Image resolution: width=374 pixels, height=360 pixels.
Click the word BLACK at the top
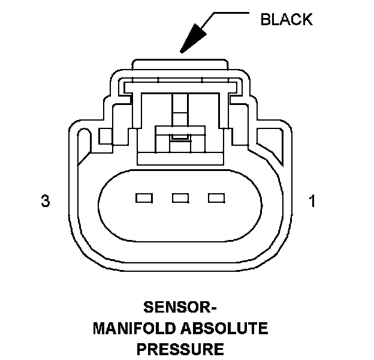pyautogui.click(x=286, y=20)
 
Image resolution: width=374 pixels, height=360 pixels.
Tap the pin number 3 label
pyautogui.click(x=45, y=202)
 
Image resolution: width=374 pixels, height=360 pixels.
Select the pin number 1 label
pyautogui.click(x=311, y=202)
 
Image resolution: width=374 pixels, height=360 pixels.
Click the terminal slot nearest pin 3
pyautogui.click(x=144, y=197)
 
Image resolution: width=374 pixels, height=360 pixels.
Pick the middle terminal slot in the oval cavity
pyautogui.click(x=180, y=197)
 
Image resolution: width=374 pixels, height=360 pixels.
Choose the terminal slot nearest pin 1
pyautogui.click(x=216, y=197)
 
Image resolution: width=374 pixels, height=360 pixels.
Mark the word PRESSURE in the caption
pyautogui.click(x=180, y=348)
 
